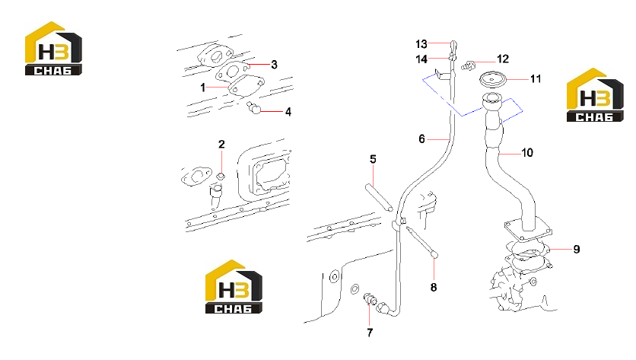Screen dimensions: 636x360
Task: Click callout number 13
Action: pyautogui.click(x=421, y=44)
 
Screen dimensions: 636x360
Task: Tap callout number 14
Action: pyautogui.click(x=421, y=59)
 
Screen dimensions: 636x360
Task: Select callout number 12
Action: pyautogui.click(x=503, y=59)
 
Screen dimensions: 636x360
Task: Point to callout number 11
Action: pyautogui.click(x=536, y=78)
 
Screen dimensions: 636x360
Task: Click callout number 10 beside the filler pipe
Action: pyautogui.click(x=527, y=153)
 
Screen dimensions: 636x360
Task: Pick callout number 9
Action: pyautogui.click(x=577, y=249)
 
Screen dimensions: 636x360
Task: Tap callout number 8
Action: pyautogui.click(x=434, y=288)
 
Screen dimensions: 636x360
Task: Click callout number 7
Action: pyautogui.click(x=370, y=333)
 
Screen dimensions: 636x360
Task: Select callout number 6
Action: pyautogui.click(x=421, y=139)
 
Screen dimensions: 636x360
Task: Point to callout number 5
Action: pyautogui.click(x=374, y=159)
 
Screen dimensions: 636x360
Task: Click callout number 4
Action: pyautogui.click(x=288, y=112)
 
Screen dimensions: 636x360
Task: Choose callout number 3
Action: pyautogui.click(x=274, y=65)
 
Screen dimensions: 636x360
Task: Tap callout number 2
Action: pyautogui.click(x=221, y=144)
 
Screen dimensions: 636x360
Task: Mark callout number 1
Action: pyautogui.click(x=203, y=88)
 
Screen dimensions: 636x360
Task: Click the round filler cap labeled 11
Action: pyautogui.click(x=493, y=79)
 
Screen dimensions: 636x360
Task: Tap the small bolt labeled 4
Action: pyautogui.click(x=253, y=107)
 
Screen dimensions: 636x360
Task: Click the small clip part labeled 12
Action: pyautogui.click(x=468, y=65)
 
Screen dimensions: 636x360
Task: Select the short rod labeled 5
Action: pyautogui.click(x=379, y=198)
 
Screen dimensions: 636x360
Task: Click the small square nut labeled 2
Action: pyautogui.click(x=221, y=176)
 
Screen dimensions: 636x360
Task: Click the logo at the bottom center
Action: pyautogui.click(x=234, y=287)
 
